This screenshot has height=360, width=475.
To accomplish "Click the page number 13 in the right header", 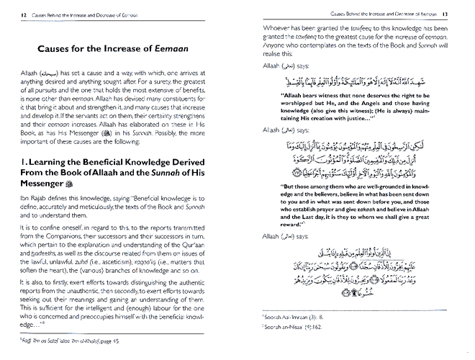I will [x=464, y=13].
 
